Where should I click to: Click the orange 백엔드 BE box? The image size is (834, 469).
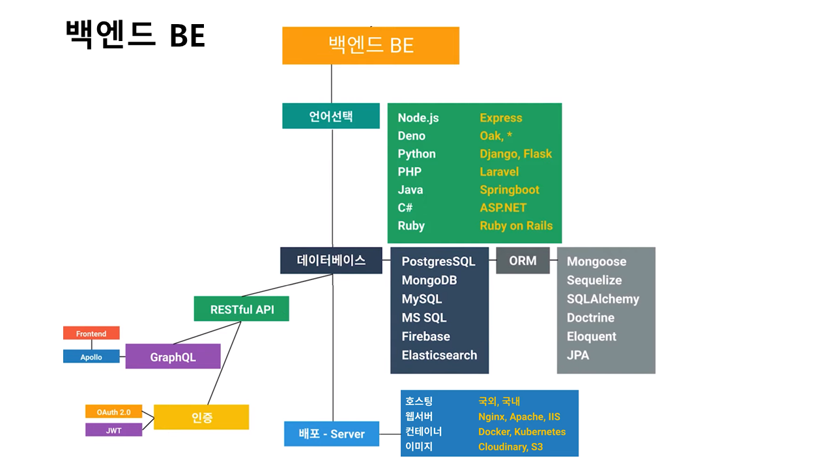pyautogui.click(x=370, y=46)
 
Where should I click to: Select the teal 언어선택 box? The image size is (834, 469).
pyautogui.click(x=331, y=116)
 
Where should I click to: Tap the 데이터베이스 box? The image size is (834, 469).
pyautogui.click(x=331, y=261)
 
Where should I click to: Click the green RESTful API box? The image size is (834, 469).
pyautogui.click(x=241, y=309)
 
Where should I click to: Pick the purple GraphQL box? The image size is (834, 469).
pyautogui.click(x=173, y=356)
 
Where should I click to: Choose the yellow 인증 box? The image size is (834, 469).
pyautogui.click(x=201, y=417)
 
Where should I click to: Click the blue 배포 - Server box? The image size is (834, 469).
pyautogui.click(x=332, y=434)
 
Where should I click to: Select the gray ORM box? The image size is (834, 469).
pyautogui.click(x=523, y=261)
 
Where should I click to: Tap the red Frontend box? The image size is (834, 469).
pyautogui.click(x=91, y=334)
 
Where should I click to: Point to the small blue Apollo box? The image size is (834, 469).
pyautogui.click(x=91, y=357)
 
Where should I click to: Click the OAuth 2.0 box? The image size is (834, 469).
pyautogui.click(x=113, y=412)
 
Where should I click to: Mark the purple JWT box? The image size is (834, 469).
pyautogui.click(x=113, y=430)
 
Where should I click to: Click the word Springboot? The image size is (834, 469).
pyautogui.click(x=510, y=190)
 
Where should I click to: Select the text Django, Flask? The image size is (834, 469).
pyautogui.click(x=515, y=154)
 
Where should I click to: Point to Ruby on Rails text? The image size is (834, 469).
pyautogui.click(x=516, y=226)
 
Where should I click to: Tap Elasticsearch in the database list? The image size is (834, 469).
pyautogui.click(x=439, y=355)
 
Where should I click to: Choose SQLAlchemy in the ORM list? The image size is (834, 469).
pyautogui.click(x=603, y=299)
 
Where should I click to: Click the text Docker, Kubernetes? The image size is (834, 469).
pyautogui.click(x=522, y=432)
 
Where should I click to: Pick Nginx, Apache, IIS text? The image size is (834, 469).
pyautogui.click(x=519, y=417)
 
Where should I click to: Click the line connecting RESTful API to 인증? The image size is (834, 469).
pyautogui.click(x=225, y=362)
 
